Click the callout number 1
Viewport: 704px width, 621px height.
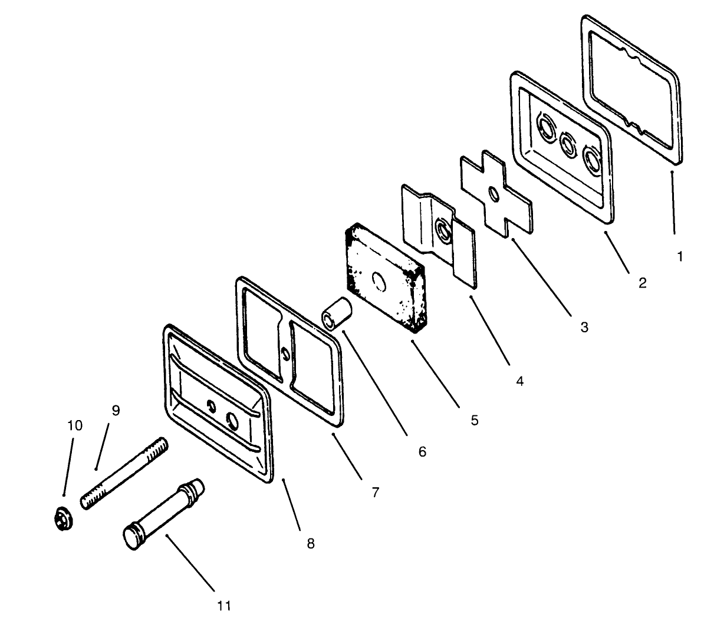[680, 257]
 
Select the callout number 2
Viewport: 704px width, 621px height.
[643, 283]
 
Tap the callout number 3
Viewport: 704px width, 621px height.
[584, 327]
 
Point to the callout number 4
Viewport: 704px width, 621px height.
[520, 381]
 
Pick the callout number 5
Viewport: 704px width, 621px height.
[475, 421]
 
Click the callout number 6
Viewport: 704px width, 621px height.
[422, 452]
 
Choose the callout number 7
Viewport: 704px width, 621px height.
[376, 492]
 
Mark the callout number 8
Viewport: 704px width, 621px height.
[311, 544]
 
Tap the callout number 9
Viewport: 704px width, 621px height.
[116, 410]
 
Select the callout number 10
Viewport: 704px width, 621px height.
[75, 425]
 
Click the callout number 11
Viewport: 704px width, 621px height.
[224, 606]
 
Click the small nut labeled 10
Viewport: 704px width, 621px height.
[63, 519]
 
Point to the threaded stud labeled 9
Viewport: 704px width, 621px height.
[124, 473]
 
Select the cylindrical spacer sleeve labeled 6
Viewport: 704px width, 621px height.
[336, 313]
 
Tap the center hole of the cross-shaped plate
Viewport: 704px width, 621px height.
[494, 194]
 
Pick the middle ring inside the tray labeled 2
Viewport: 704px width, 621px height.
[568, 144]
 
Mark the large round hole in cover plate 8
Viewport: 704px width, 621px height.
[232, 419]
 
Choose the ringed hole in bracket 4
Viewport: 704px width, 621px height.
[443, 230]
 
